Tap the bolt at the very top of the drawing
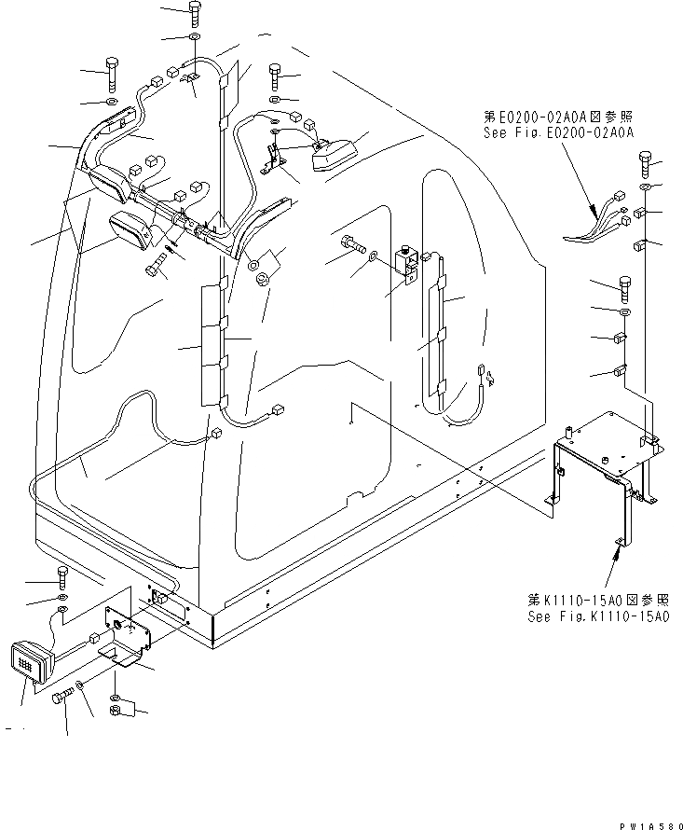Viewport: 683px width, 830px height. click(194, 12)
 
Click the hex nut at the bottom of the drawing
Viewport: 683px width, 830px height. click(116, 713)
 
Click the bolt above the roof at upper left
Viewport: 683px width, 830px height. click(111, 71)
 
